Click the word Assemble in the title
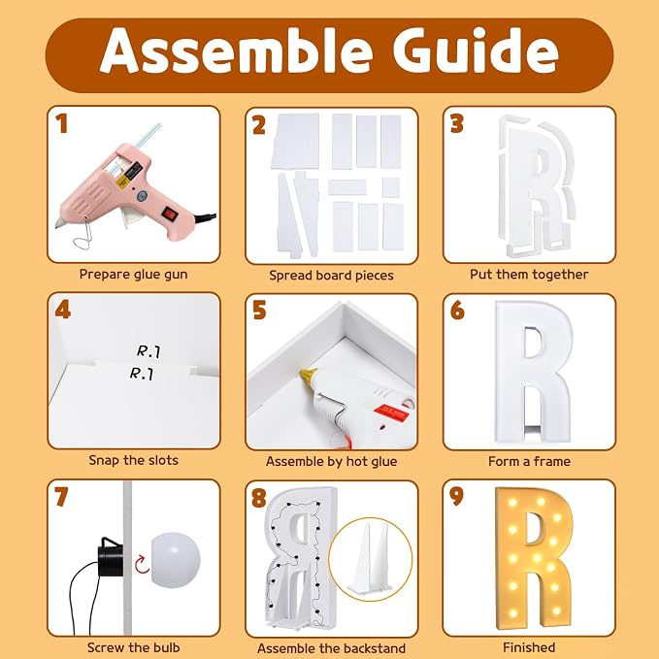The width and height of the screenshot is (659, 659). (x=236, y=51)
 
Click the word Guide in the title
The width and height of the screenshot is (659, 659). (x=476, y=50)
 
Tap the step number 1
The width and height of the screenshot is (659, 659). (x=62, y=124)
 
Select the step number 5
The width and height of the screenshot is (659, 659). (x=259, y=311)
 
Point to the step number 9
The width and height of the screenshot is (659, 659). (x=456, y=497)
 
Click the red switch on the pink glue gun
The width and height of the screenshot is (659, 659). (x=170, y=214)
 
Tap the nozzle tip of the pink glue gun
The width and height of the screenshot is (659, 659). (x=57, y=225)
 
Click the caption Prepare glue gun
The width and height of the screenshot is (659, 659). (x=134, y=275)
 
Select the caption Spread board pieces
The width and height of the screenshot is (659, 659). (x=331, y=276)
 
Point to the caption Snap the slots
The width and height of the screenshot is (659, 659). (x=134, y=460)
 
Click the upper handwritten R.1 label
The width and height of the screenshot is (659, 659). (x=148, y=351)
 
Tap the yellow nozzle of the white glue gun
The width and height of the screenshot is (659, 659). (x=309, y=376)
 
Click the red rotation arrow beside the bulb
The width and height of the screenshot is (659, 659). (x=142, y=564)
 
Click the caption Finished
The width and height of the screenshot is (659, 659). (x=529, y=647)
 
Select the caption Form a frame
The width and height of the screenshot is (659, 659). (x=529, y=461)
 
